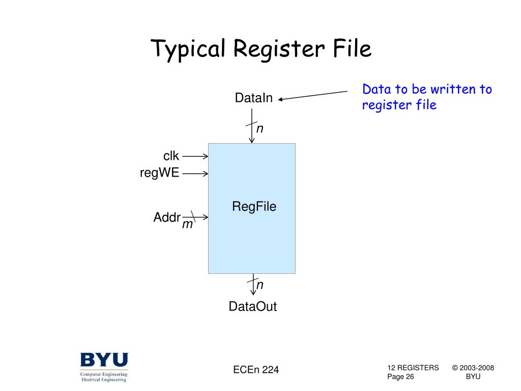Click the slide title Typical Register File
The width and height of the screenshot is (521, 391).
click(261, 49)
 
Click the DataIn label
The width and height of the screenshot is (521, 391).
click(253, 98)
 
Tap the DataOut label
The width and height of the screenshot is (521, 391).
click(252, 306)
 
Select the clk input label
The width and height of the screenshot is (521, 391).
click(171, 156)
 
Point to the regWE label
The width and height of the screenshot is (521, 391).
click(160, 173)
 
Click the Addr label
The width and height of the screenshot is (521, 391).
click(167, 218)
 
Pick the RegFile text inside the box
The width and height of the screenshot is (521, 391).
click(254, 206)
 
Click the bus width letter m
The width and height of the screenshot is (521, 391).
click(187, 225)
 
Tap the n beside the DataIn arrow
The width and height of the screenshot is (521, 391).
click(259, 129)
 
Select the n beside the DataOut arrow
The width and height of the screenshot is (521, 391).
click(259, 285)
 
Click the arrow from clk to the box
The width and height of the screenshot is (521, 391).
click(195, 156)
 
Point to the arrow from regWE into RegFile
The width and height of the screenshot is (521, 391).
click(195, 174)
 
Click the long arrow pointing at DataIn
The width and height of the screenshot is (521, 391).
click(312, 96)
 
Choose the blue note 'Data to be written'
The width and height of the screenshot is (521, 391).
click(426, 97)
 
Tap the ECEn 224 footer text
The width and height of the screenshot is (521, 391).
click(256, 370)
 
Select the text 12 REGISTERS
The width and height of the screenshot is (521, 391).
click(413, 368)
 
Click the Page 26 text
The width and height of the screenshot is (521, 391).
click(400, 377)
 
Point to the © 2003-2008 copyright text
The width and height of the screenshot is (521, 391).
click(473, 368)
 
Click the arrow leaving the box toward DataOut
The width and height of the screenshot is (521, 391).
click(252, 285)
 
